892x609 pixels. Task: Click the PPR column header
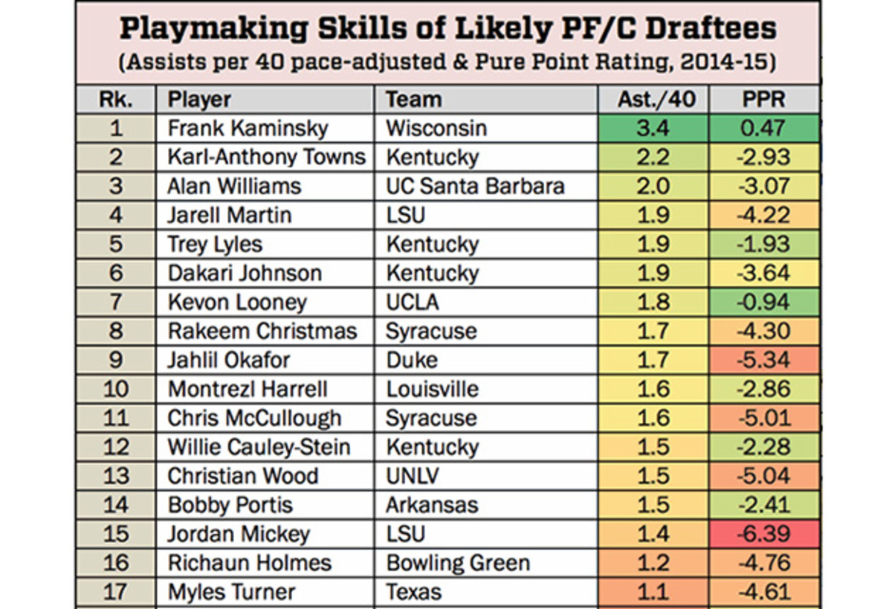[763, 99]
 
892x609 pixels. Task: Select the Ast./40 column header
[653, 99]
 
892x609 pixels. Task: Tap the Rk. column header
[115, 99]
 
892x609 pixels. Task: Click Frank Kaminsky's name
[248, 128]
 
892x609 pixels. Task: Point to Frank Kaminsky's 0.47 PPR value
[763, 128]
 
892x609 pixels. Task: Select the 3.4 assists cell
[653, 128]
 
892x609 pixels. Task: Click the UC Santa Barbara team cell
[475, 186]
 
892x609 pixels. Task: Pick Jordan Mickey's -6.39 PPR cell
[763, 534]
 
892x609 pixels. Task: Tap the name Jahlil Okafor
[229, 360]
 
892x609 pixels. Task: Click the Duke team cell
[412, 360]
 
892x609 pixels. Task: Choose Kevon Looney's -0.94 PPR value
[763, 302]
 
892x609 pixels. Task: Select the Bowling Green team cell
[458, 563]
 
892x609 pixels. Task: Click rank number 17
[115, 592]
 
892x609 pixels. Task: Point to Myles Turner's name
[231, 592]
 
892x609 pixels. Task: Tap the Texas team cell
[413, 592]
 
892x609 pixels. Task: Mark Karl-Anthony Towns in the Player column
[266, 157]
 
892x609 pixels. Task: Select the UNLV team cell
[413, 476]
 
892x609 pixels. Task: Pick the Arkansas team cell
[432, 505]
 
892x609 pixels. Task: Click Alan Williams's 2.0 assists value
[653, 186]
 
